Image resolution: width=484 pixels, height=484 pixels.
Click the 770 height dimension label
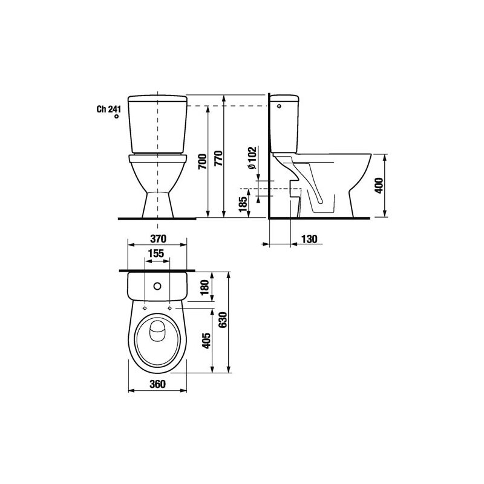coord(218,158)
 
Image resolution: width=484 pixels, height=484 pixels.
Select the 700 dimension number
coord(203,161)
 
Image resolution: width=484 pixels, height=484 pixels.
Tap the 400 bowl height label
coord(379,186)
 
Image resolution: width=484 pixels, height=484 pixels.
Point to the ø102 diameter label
coord(252,158)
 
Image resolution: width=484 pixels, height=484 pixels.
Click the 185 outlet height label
coord(243,204)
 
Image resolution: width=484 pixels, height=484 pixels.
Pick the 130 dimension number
coord(309,239)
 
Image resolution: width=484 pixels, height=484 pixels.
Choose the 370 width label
coord(158,238)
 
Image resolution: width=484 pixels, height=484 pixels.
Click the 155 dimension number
coord(156,253)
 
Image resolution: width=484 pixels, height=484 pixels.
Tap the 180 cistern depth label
coord(205,287)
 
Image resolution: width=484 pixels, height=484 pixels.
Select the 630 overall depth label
coord(223,320)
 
